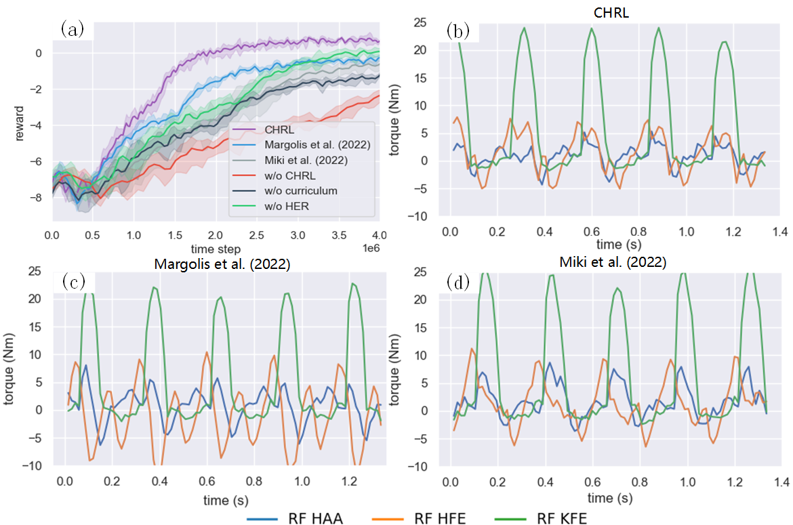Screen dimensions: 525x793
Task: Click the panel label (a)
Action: coord(73,28)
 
